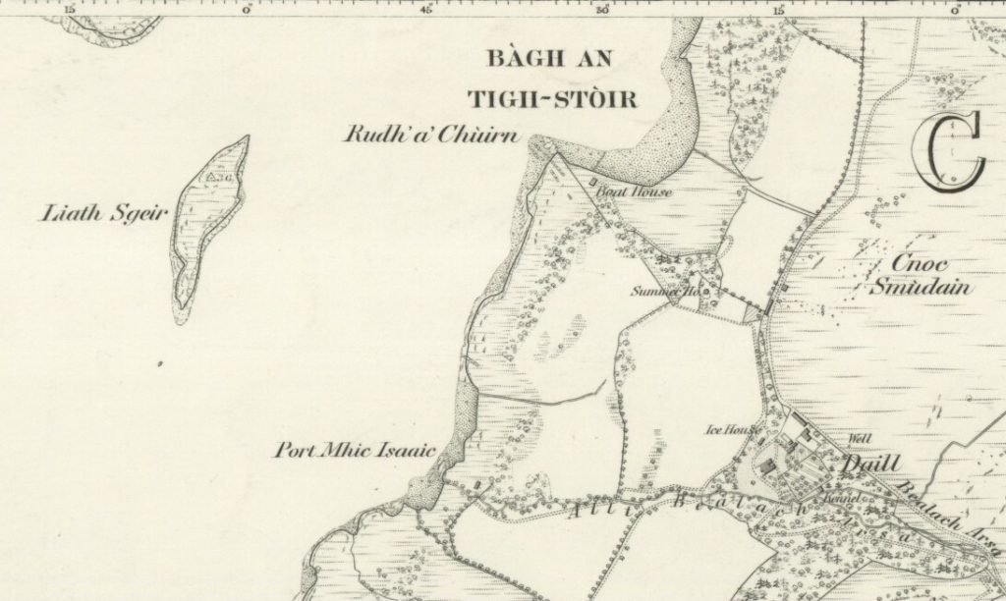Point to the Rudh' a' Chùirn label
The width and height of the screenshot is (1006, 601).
[430, 136]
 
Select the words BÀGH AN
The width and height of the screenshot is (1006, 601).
[549, 60]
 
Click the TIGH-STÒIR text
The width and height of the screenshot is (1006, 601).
[552, 99]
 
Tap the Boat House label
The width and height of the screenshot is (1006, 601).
[634, 192]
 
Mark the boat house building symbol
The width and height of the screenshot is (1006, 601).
[592, 181]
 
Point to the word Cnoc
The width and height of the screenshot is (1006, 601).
[920, 264]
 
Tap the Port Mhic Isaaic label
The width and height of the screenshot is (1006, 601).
[354, 453]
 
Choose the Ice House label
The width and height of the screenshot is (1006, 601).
[729, 429]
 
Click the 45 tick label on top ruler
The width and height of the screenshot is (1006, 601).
[425, 9]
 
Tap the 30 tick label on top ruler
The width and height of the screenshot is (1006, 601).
[601, 9]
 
